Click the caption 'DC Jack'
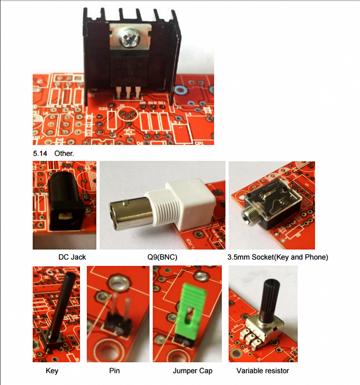[x=72, y=257]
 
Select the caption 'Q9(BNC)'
[x=162, y=257]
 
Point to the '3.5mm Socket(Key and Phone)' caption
[x=278, y=257]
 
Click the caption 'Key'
[x=52, y=371]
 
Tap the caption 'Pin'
[x=114, y=371]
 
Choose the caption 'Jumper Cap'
[x=192, y=371]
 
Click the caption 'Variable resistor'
[x=263, y=371]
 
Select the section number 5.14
[x=40, y=153]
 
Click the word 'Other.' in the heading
[x=64, y=153]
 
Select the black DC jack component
[x=64, y=203]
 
